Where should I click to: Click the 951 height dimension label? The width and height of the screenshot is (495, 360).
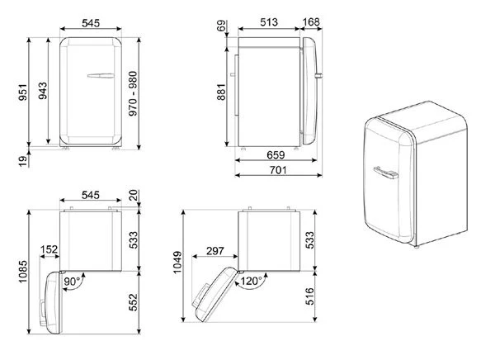point(23,92)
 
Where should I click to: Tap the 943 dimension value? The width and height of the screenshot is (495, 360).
point(42,91)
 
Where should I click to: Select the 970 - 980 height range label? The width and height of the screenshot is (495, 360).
point(133,93)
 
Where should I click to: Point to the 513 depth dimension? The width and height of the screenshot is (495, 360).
point(269,22)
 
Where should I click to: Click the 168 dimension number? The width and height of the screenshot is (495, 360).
point(311,22)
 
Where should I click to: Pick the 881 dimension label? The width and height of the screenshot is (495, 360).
point(221,92)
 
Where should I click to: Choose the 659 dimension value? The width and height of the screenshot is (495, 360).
point(276,155)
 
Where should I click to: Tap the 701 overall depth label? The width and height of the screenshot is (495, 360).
point(278,170)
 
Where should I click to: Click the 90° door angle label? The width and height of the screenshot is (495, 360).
point(73,282)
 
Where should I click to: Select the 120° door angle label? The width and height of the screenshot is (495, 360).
point(252,281)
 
